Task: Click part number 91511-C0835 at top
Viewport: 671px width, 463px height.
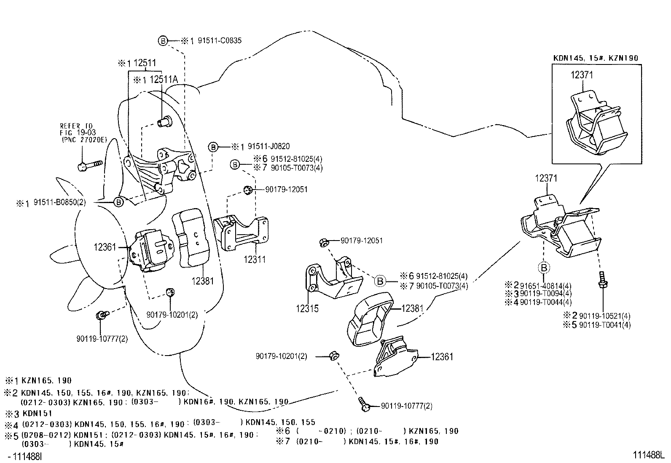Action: (x=219, y=41)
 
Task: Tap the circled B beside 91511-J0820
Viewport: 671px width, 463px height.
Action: (x=213, y=147)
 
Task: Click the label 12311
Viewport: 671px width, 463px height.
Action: (x=255, y=260)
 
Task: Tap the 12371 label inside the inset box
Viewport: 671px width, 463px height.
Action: (x=582, y=75)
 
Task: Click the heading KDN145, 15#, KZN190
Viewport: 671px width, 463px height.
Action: (x=596, y=58)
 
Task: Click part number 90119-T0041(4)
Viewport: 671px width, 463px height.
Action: (x=605, y=325)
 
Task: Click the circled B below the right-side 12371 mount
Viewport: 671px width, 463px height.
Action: (x=544, y=268)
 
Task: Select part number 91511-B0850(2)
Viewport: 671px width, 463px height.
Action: (x=59, y=202)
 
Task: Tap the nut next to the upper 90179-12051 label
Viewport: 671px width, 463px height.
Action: (x=248, y=190)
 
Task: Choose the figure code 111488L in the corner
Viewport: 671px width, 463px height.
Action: (x=648, y=455)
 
